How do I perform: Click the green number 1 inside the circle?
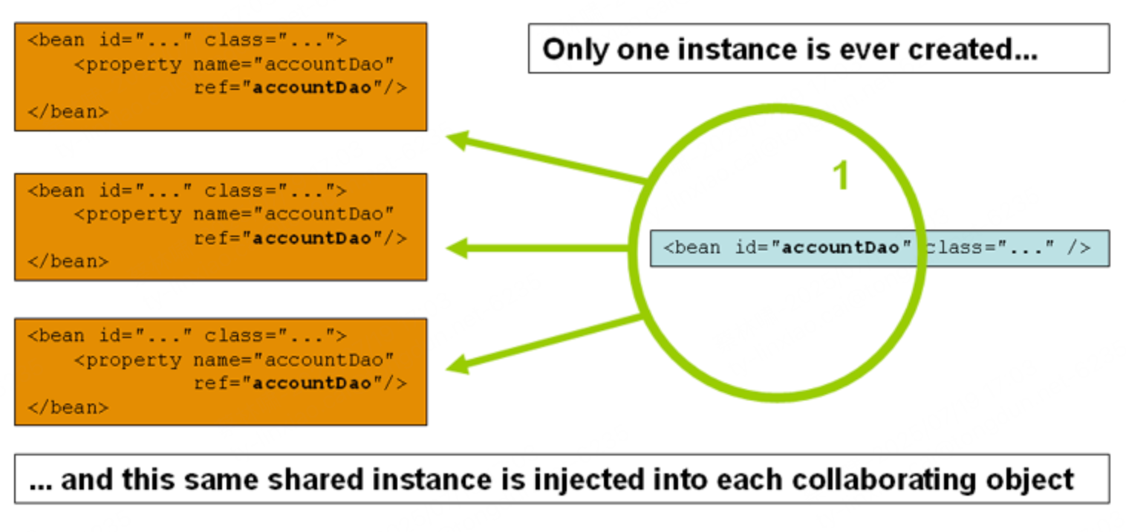[840, 177]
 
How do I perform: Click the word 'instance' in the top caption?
[750, 50]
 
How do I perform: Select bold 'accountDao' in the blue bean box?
[840, 247]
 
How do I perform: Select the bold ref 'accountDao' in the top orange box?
[312, 88]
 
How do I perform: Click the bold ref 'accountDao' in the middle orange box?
[312, 239]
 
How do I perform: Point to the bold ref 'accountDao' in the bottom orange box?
[312, 383]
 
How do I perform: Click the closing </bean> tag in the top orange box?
[68, 111]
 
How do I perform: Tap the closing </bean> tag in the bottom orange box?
[68, 407]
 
